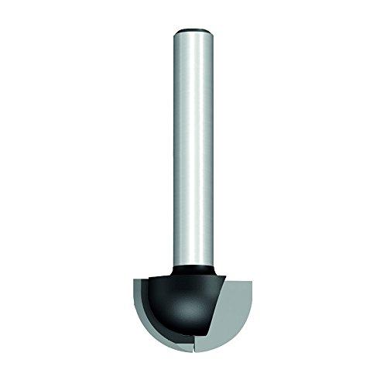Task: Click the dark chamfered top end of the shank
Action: tap(193, 32)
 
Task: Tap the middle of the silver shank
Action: tap(193, 147)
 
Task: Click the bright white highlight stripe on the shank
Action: tap(198, 147)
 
